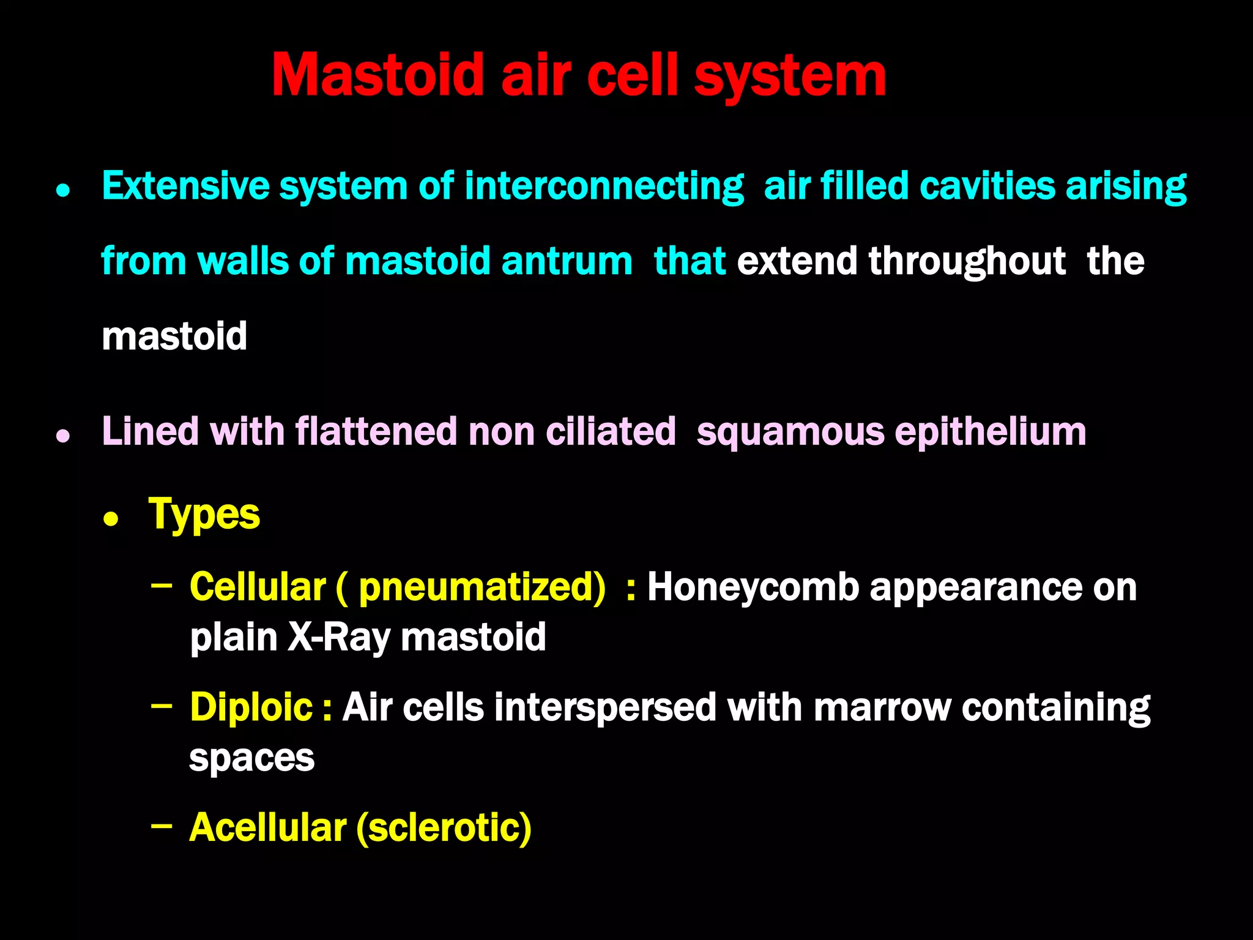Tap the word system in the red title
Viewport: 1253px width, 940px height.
click(790, 76)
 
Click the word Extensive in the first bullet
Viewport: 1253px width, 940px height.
click(185, 186)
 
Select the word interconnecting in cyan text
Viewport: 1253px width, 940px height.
click(604, 186)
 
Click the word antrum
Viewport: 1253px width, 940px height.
click(567, 261)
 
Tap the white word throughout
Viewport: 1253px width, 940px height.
click(967, 261)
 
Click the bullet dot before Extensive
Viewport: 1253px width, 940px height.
click(63, 191)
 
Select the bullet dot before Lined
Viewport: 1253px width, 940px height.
click(63, 436)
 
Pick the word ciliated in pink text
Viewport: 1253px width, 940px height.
click(611, 431)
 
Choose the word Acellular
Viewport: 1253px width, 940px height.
click(268, 827)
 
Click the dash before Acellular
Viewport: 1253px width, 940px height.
click(162, 826)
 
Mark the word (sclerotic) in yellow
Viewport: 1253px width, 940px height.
click(444, 827)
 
